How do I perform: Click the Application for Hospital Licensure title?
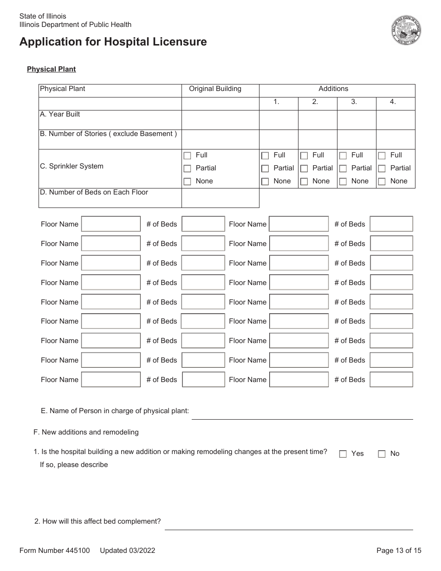pyautogui.click(x=113, y=42)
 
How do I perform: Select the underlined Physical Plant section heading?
pyautogui.click(x=51, y=69)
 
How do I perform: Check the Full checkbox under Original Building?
pyautogui.click(x=187, y=156)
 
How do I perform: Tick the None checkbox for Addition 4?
pyautogui.click(x=382, y=182)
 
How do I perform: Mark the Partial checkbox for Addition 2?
pyautogui.click(x=304, y=169)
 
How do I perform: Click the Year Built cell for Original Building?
pyautogui.click(x=220, y=120)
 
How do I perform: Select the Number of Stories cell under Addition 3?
pyautogui.click(x=356, y=139)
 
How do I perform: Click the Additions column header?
pyautogui.click(x=333, y=89)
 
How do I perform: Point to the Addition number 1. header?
pyautogui.click(x=276, y=102)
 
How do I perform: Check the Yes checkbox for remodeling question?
pyautogui.click(x=343, y=454)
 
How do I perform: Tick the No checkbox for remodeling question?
pyautogui.click(x=382, y=454)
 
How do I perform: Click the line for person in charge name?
pyautogui.click(x=302, y=414)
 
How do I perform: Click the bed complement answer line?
pyautogui.click(x=288, y=525)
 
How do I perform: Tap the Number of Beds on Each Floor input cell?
pyautogui.click(x=220, y=198)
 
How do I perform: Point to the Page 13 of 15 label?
pyautogui.click(x=399, y=551)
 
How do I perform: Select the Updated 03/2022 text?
pyautogui.click(x=127, y=551)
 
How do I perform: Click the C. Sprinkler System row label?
pyautogui.click(x=71, y=166)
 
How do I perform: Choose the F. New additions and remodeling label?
pyautogui.click(x=86, y=432)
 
